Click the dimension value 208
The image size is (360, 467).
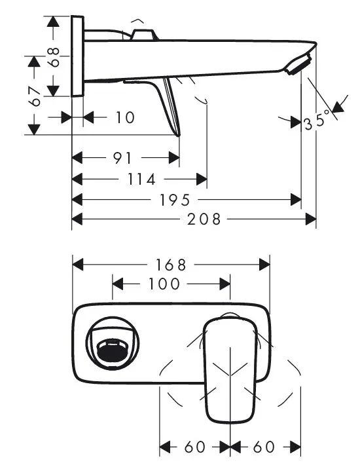[204, 219]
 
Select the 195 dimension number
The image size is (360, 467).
[175, 200]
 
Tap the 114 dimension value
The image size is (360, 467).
[141, 179]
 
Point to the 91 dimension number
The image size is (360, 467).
[122, 158]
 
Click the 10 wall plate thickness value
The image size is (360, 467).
[125, 118]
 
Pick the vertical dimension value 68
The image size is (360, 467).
[54, 57]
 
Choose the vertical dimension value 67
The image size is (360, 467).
[35, 97]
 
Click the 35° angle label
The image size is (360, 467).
[317, 121]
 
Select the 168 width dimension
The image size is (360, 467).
[171, 265]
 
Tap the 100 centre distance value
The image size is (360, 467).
[164, 284]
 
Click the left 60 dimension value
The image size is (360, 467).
[195, 447]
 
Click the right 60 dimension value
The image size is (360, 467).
[264, 447]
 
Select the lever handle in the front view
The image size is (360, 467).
[230, 370]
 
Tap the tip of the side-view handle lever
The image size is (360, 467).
[179, 136]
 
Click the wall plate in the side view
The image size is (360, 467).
[77, 56]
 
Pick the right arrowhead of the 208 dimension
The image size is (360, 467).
[311, 219]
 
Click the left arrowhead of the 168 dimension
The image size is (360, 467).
[78, 265]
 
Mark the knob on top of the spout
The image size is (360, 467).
[143, 35]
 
